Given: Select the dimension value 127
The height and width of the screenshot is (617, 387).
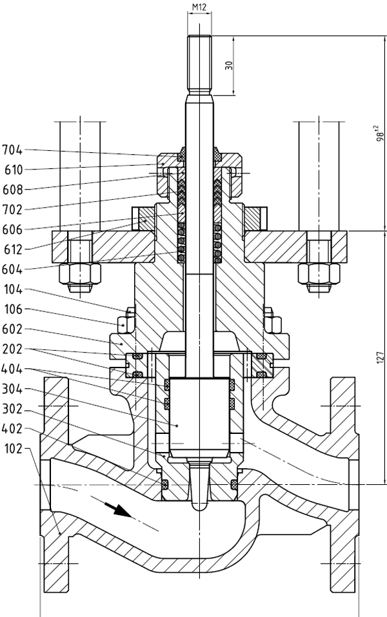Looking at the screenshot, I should point(381,357).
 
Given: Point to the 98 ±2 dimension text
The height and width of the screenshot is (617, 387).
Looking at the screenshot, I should point(381,132).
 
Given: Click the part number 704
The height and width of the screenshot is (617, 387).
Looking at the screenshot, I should point(12,150).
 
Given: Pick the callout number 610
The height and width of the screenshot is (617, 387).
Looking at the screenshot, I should point(12,170).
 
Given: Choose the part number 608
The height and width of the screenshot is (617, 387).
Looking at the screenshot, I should point(12,190).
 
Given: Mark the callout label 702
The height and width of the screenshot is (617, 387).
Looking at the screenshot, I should point(12,210).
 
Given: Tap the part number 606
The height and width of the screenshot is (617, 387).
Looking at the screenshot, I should point(12,230).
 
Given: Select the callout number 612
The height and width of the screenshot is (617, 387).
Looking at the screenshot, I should point(12,250).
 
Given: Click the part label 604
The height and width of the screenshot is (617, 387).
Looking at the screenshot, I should point(12,269).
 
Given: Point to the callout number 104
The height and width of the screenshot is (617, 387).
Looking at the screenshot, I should point(12,289).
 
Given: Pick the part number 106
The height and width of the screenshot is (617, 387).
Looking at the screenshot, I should point(12,309).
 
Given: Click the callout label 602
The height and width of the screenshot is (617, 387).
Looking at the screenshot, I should point(12,329).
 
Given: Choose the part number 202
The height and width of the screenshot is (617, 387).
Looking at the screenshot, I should point(12,349).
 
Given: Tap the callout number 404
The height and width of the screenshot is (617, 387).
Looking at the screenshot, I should point(12,369).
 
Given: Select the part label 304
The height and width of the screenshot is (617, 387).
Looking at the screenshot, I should point(12,389).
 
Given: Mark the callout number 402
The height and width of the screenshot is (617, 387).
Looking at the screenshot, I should point(12,427).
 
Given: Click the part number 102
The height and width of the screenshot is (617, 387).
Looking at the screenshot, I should point(12,447).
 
